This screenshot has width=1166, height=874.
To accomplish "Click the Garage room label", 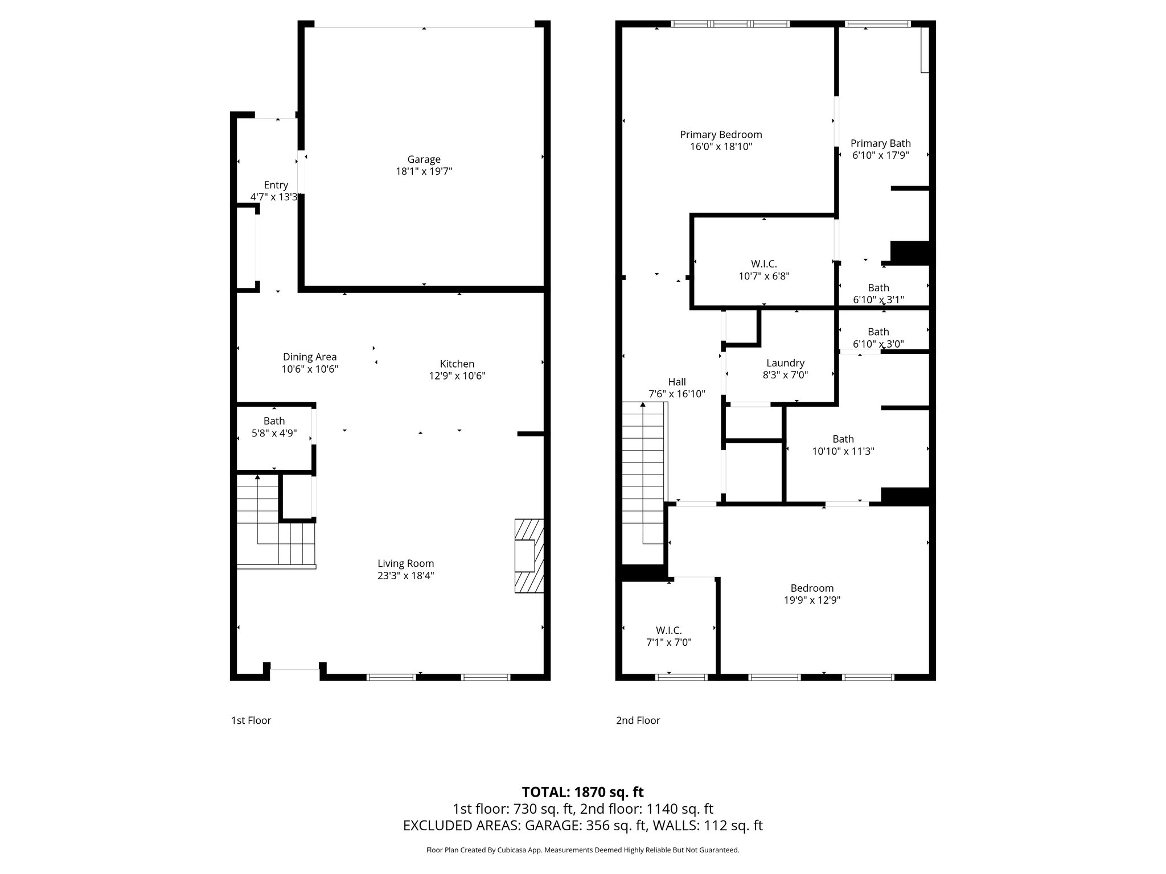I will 424,159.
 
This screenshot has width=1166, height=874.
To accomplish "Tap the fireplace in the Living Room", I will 529,556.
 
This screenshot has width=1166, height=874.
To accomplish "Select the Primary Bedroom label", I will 721,135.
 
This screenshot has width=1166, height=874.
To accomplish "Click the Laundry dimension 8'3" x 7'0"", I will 785,375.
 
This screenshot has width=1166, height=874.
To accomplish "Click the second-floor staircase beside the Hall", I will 643,472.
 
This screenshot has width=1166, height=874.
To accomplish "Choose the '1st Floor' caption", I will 251,720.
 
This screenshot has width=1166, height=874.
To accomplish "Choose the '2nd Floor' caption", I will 638,720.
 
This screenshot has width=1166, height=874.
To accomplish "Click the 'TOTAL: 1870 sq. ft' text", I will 582,792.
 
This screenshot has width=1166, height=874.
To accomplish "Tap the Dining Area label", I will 310,357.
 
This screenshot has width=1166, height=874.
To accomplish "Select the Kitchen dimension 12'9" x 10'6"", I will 457,376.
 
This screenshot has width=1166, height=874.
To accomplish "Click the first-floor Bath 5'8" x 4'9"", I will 274,427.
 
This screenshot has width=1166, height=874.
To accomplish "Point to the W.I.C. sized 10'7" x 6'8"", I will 763,270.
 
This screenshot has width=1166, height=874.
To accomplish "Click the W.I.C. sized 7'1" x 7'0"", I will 668,636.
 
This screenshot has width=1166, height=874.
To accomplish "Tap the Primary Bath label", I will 880,143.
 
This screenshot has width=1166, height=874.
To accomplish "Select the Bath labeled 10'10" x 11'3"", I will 843,445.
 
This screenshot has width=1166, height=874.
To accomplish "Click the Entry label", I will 276,185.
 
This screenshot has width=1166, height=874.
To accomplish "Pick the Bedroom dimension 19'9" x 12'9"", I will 812,600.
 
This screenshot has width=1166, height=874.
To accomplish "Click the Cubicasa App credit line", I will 582,850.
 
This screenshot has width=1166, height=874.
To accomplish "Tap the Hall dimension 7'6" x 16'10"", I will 676,394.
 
